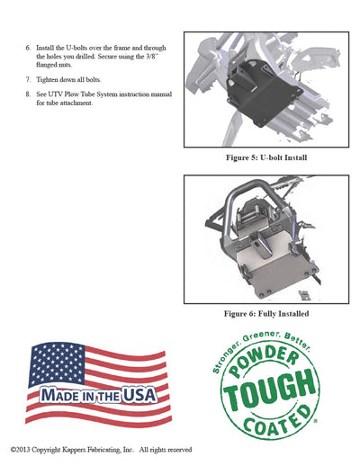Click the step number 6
28,48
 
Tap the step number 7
28,80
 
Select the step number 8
28,94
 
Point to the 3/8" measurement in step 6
152,57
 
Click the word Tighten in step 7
47,80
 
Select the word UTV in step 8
55,94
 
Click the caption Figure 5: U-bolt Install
266,157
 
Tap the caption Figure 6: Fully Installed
266,314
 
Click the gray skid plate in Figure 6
276,270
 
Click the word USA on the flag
139,395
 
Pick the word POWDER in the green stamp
264,360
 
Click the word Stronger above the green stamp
226,357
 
